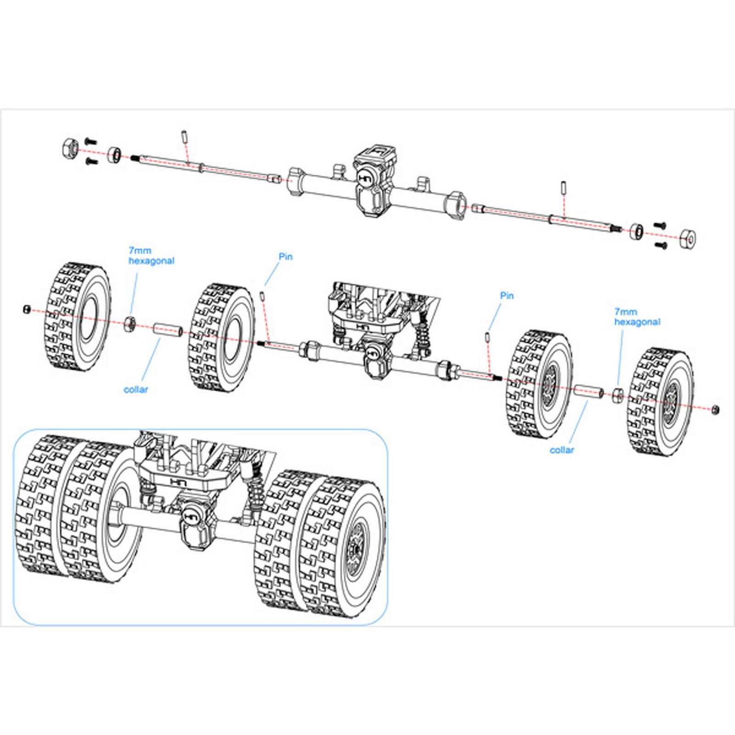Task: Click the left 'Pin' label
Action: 285,256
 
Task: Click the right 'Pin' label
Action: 507,295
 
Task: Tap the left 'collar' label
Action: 136,390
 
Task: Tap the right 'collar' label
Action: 561,450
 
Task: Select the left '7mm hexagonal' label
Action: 151,256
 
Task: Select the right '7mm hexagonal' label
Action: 637,317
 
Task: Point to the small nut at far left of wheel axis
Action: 27,310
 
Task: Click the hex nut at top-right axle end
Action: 688,237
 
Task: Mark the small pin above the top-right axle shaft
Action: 562,188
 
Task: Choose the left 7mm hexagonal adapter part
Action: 130,323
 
